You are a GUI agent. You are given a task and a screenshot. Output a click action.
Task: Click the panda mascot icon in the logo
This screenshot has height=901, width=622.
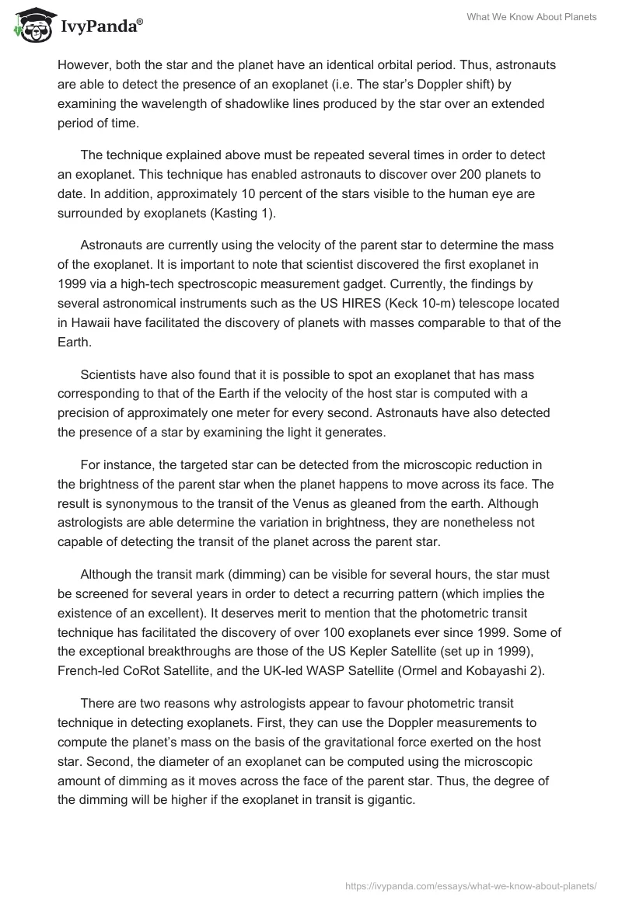click(29, 26)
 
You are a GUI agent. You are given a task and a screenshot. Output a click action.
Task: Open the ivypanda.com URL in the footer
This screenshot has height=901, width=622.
click(471, 885)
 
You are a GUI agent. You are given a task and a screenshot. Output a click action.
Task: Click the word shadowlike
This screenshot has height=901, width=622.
click(266, 103)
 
